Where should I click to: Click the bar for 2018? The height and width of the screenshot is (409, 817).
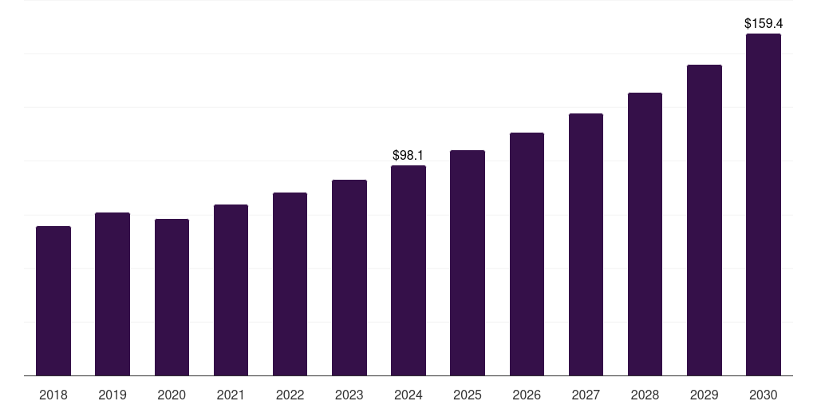pos(53,301)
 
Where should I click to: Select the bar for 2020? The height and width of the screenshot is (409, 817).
pos(172,297)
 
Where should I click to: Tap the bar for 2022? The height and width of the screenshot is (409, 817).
pos(290,284)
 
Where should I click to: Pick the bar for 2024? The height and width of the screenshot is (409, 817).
pos(408,271)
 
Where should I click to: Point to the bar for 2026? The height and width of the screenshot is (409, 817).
pos(527,254)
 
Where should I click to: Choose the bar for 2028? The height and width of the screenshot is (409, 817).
pos(645,234)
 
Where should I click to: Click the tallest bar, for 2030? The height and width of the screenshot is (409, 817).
pos(763,204)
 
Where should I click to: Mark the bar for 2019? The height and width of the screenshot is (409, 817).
pos(112,294)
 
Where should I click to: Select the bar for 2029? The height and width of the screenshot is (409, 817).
pos(704,220)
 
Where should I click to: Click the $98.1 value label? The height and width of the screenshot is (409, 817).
pos(408,155)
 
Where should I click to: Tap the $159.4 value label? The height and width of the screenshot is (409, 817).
pos(763,23)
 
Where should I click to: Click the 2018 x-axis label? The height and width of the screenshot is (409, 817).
pos(53,395)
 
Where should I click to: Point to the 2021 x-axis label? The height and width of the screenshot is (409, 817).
pos(231,395)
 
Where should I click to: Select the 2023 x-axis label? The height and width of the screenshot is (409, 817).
pos(349,395)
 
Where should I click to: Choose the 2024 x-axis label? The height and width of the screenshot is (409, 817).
pos(408,395)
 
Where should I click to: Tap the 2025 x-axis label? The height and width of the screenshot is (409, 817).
pos(468,395)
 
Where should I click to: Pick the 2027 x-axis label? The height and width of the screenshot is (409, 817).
pos(586,395)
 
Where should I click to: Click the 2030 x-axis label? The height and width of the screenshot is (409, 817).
pos(763,395)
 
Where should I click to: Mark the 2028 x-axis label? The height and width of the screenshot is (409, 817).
pos(645,395)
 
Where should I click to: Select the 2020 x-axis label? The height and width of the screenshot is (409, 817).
pos(172,395)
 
